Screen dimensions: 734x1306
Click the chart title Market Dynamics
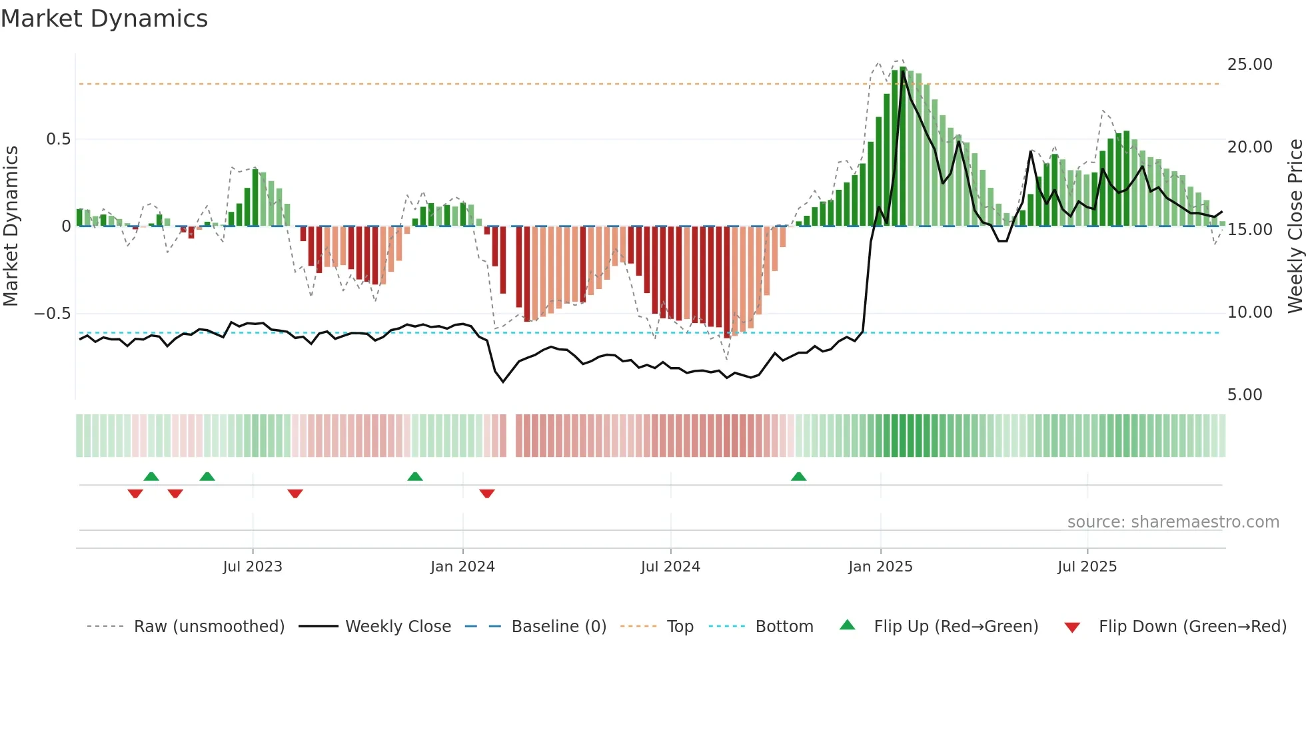click(104, 19)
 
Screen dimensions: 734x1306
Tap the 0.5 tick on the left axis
click(58, 139)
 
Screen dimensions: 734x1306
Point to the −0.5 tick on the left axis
click(53, 314)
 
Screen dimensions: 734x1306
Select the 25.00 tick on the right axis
click(1249, 65)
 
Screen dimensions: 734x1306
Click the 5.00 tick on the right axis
click(1245, 395)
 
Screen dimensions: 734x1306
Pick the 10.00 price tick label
click(1249, 312)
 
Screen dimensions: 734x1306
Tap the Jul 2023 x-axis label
click(253, 567)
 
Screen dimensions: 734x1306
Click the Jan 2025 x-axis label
click(880, 567)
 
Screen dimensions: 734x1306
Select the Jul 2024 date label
click(670, 567)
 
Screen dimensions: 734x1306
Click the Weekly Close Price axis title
click(1295, 226)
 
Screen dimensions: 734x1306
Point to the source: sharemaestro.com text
click(1173, 522)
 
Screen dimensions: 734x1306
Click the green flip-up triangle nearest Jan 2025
click(798, 476)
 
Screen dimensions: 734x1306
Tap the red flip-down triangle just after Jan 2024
click(487, 494)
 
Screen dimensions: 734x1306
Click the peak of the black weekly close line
click(903, 71)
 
